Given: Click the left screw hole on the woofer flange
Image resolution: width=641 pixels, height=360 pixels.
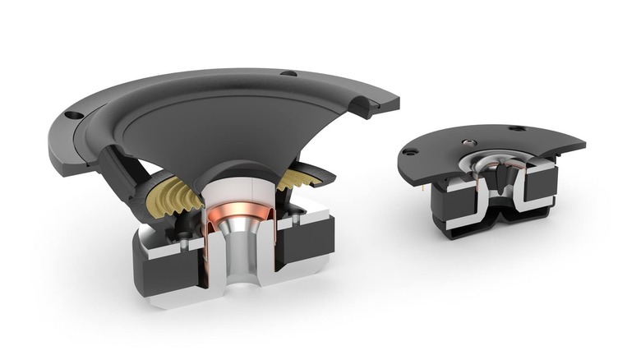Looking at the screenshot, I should click(x=72, y=115).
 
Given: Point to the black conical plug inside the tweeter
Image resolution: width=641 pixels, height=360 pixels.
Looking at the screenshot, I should click(x=500, y=177).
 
